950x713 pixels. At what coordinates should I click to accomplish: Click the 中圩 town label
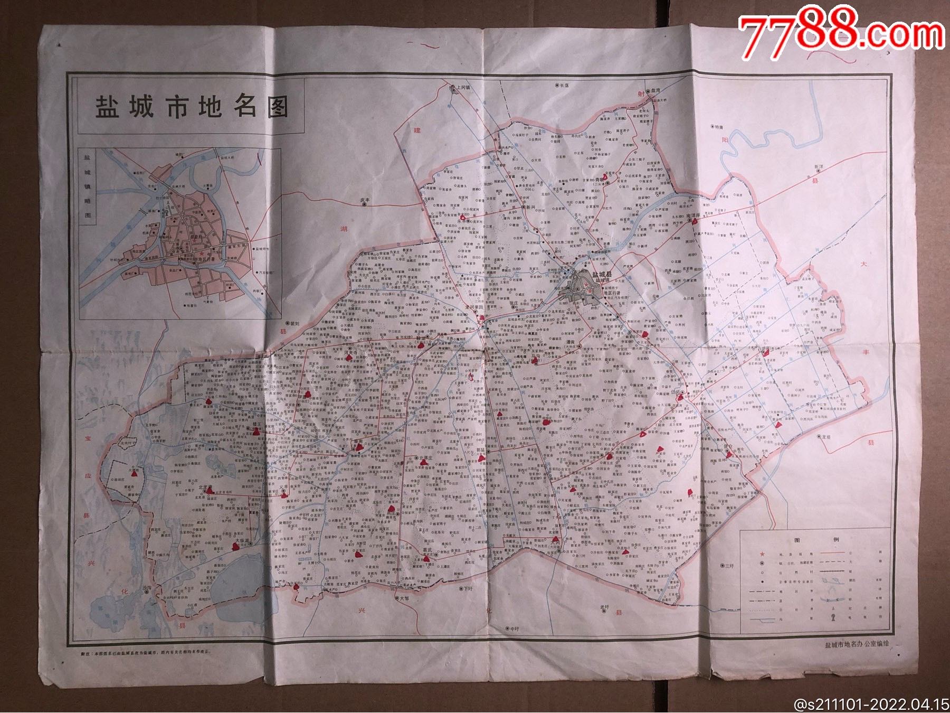tap(513, 628)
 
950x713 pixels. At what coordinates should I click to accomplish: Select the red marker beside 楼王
tap(256, 431)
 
